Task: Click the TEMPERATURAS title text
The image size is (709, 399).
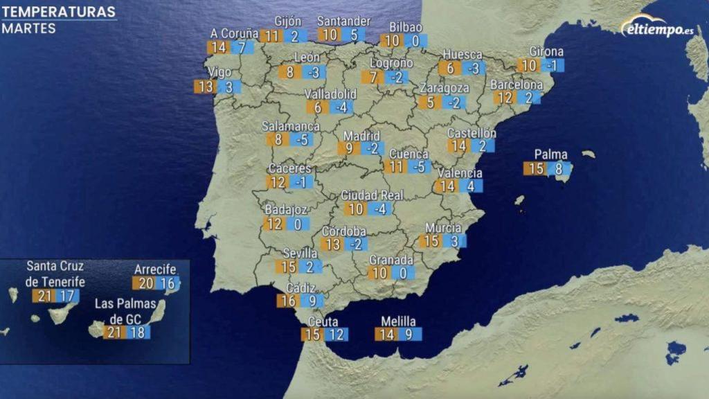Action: [x=58, y=12]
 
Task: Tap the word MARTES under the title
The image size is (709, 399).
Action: [x=28, y=28]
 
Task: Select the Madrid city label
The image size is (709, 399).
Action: [x=361, y=135]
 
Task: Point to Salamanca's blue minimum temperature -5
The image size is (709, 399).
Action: [x=301, y=139]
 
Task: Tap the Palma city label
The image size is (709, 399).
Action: [x=550, y=154]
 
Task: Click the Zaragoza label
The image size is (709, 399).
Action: [x=444, y=89]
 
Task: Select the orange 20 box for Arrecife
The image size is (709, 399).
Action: [x=145, y=283]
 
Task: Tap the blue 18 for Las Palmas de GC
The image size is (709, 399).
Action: [x=138, y=332]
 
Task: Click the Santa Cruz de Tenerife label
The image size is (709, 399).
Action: [x=55, y=274]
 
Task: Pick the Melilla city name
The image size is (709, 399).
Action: [x=398, y=321]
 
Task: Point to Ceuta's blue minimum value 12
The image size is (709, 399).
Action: [x=336, y=335]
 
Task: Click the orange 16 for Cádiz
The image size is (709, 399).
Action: [x=288, y=301]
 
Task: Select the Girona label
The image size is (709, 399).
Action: [x=546, y=52]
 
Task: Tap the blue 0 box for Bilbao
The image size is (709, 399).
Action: [x=415, y=41]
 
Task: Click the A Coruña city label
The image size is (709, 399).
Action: [x=235, y=33]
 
